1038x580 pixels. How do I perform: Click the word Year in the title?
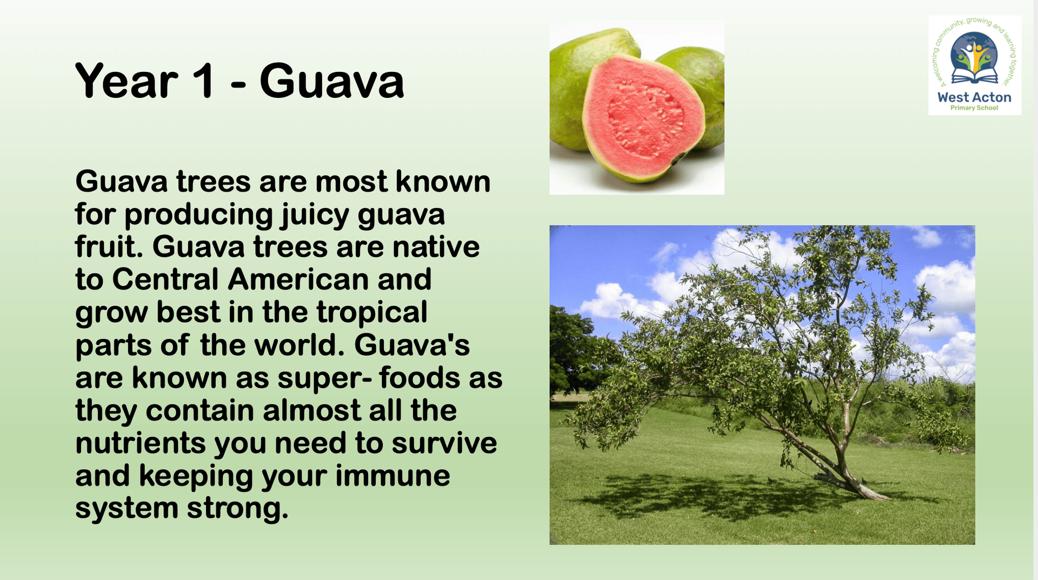tap(127, 81)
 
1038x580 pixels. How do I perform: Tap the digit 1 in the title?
tap(204, 81)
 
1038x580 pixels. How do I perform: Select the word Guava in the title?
tap(331, 81)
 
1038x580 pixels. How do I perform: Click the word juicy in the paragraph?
tap(315, 216)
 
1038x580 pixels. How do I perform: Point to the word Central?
tap(165, 279)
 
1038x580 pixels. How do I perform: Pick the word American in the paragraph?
tap(298, 279)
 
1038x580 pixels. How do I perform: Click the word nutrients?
tap(141, 443)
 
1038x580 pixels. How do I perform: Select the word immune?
tap(392, 476)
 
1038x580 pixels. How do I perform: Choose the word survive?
tap(444, 443)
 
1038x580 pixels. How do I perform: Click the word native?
tap(436, 247)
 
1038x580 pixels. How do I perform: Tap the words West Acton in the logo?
tap(974, 97)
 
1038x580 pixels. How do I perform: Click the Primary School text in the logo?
tap(974, 108)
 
